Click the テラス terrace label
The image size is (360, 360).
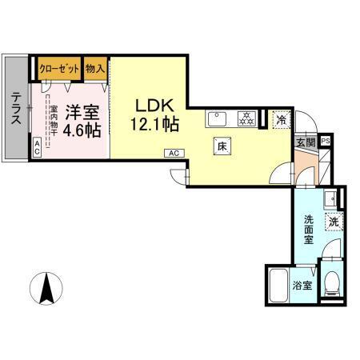15,109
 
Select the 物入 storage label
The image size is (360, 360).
95,69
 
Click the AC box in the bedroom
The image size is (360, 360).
37,146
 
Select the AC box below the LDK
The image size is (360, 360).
173,152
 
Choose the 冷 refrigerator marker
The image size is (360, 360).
281,120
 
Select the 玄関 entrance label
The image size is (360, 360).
306,142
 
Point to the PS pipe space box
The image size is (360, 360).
326,142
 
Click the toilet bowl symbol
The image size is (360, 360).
334,281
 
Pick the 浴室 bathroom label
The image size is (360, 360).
302,286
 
